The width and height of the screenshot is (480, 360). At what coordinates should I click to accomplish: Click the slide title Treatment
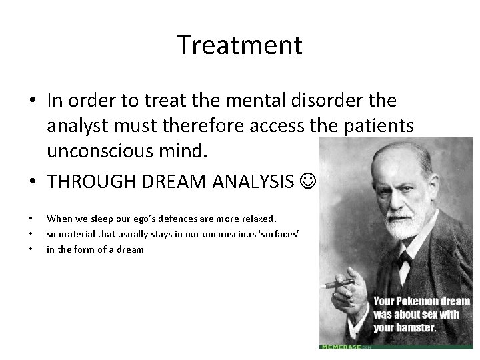239,45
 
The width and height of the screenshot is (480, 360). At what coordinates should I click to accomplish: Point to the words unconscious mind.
127,151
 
